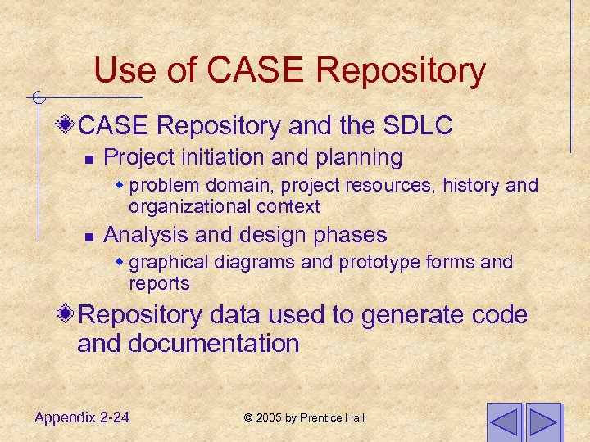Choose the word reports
click(159, 283)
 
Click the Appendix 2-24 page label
click(81, 417)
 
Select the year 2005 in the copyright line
click(270, 418)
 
